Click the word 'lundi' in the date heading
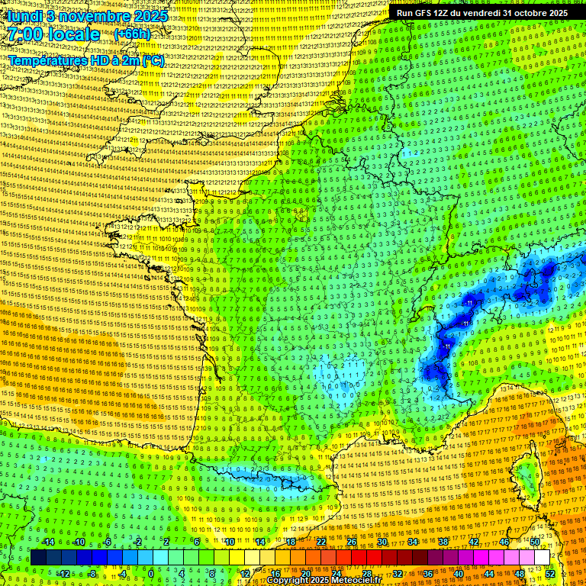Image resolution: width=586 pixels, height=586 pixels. click(x=24, y=15)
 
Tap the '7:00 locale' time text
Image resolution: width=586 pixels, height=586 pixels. click(x=53, y=34)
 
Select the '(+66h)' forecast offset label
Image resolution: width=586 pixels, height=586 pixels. click(x=132, y=35)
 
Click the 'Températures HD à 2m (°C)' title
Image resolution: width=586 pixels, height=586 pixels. click(x=86, y=60)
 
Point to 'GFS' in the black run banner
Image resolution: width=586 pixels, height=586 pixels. click(x=422, y=13)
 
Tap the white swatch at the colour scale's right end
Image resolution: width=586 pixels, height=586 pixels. click(x=542, y=558)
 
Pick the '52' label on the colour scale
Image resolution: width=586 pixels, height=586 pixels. click(x=550, y=574)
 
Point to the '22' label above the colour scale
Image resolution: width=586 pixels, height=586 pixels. click(x=320, y=542)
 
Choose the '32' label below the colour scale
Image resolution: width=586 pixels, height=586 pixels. click(x=397, y=574)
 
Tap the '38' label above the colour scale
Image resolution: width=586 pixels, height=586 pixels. click(x=443, y=542)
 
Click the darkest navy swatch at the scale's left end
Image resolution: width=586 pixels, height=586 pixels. click(x=38, y=558)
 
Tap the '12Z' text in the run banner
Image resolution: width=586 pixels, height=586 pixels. click(x=442, y=13)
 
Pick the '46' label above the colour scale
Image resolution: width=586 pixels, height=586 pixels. click(x=504, y=542)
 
